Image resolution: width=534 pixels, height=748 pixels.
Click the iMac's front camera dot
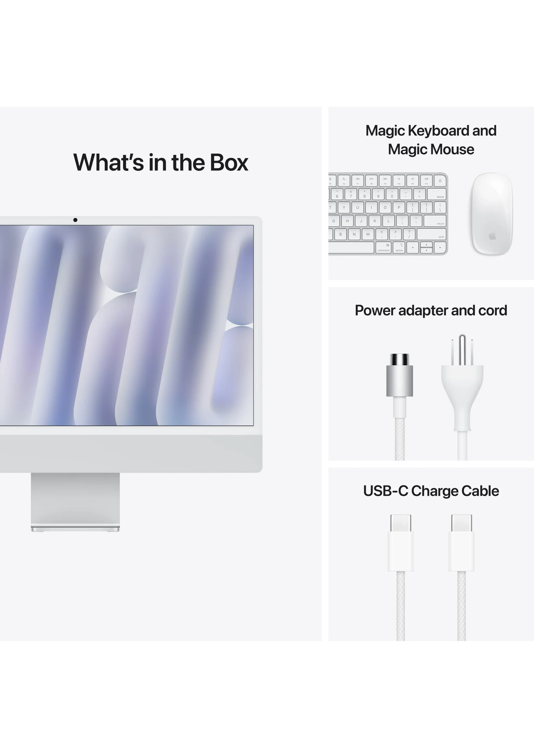[75, 220]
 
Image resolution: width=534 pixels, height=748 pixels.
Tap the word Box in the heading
[229, 162]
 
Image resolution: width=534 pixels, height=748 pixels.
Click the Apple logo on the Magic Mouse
[492, 235]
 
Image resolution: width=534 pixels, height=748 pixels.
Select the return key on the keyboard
[435, 221]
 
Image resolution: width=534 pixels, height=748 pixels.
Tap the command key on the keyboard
[383, 247]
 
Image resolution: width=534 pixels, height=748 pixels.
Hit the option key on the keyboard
[399, 247]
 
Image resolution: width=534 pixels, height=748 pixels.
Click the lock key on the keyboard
[440, 180]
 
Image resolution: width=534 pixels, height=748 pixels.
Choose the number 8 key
[364, 194]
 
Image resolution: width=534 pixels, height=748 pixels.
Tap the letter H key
[347, 221]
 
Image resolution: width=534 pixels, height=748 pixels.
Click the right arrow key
[440, 247]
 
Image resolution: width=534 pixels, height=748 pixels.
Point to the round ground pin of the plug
[462, 350]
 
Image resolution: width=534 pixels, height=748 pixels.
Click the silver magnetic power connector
[400, 375]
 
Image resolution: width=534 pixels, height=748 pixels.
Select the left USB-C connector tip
[400, 523]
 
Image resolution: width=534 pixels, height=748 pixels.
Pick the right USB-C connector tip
[462, 523]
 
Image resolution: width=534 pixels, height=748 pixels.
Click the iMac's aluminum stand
[75, 502]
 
